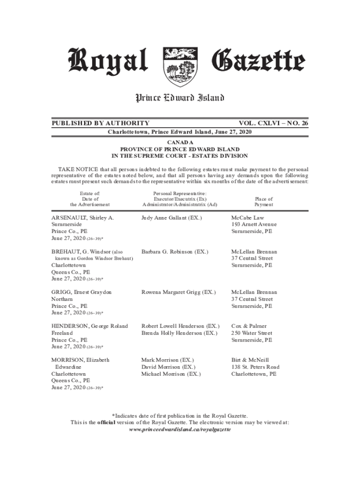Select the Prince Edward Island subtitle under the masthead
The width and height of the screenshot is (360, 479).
(x=180, y=98)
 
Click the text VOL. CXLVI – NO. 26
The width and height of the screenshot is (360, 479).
(x=274, y=123)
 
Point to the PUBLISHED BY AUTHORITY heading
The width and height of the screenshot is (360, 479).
(x=101, y=123)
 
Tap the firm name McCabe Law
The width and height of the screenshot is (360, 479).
(x=248, y=218)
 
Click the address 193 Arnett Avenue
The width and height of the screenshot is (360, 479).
(x=254, y=225)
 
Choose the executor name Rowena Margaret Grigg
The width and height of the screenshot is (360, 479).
(x=179, y=292)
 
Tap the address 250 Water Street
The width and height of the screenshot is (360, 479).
(x=252, y=333)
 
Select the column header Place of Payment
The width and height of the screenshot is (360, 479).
(x=264, y=202)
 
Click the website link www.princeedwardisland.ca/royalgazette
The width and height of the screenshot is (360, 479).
(x=180, y=429)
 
